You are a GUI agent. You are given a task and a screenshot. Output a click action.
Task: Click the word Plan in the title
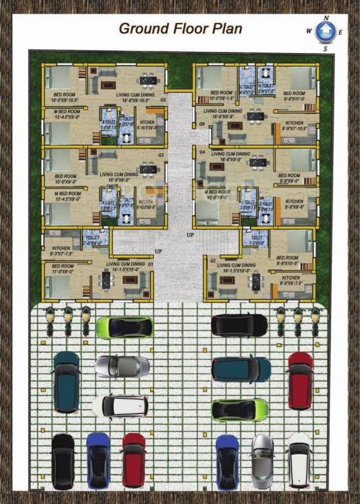tap(223, 28)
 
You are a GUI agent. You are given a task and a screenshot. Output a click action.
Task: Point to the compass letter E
tap(341, 31)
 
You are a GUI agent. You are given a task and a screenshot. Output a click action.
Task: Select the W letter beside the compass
tap(309, 31)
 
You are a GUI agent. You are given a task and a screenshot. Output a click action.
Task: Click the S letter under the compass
tap(325, 47)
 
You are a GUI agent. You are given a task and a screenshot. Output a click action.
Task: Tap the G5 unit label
tap(162, 100)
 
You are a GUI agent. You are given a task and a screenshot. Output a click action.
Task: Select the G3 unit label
tap(161, 155)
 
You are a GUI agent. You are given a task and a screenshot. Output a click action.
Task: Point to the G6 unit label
tap(202, 124)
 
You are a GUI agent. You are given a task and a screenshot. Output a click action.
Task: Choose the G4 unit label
tap(202, 152)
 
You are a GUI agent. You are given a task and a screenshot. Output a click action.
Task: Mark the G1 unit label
tap(150, 264)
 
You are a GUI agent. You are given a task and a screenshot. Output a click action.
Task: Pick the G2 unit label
tap(212, 261)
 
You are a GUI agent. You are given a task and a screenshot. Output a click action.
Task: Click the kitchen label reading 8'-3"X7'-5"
tap(61, 251)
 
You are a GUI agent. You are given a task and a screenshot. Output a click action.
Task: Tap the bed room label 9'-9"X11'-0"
tap(294, 96)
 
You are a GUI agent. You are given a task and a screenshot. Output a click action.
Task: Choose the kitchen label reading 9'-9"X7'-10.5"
tap(294, 126)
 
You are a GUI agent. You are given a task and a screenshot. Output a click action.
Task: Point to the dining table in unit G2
tap(256, 282)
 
